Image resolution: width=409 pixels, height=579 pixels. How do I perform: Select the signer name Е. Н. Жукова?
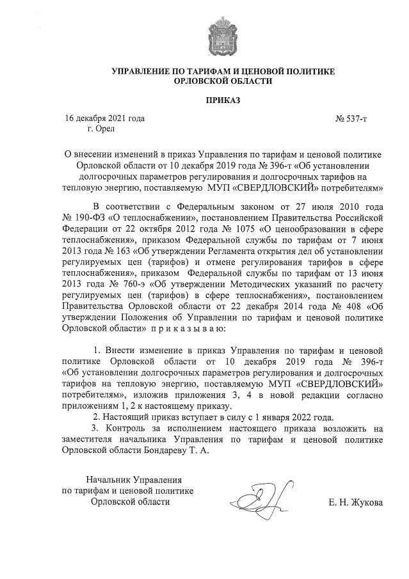pos(355,502)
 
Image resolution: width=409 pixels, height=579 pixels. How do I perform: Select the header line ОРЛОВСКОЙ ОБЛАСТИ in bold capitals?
pos(223,81)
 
